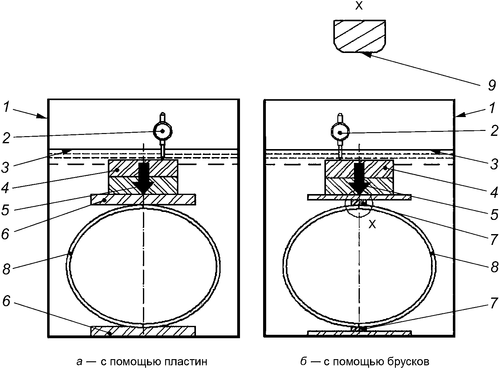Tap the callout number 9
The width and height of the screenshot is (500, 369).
(x=492, y=85)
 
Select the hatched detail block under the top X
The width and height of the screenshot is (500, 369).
(x=359, y=36)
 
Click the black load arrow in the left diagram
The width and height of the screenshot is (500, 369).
(x=144, y=178)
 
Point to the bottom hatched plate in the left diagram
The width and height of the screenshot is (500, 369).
(x=143, y=331)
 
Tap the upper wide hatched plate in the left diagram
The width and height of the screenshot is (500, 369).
(x=143, y=200)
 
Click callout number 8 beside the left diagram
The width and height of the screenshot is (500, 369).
(x=6, y=269)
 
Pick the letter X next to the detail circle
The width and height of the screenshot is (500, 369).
(x=372, y=225)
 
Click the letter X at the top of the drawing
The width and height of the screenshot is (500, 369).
(x=359, y=6)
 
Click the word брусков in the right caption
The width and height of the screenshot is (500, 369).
(x=408, y=362)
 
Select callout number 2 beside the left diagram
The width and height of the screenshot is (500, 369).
(x=6, y=138)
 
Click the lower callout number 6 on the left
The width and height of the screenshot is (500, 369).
(x=6, y=301)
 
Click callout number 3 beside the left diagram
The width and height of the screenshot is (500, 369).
(x=6, y=167)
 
